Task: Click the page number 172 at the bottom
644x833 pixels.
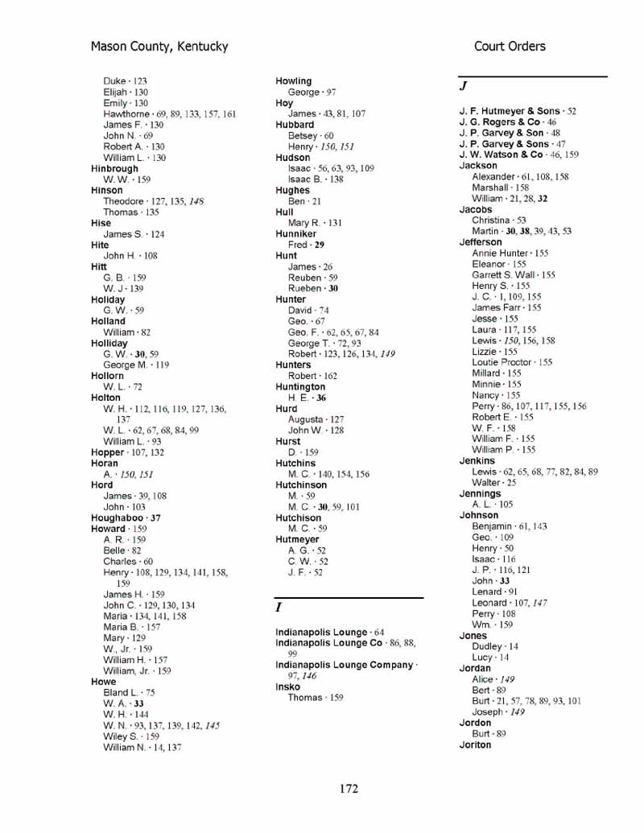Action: point(348,789)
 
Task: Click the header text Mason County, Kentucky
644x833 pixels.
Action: point(159,47)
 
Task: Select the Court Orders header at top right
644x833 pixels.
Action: point(510,47)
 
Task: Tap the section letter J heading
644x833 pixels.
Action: point(464,85)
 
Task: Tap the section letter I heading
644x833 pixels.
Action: point(279,608)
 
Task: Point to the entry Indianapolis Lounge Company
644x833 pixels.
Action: point(344,665)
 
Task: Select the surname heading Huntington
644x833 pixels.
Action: point(300,387)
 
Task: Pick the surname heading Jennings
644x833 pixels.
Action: point(480,493)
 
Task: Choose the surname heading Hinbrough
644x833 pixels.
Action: point(114,169)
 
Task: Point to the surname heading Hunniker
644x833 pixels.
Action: point(295,234)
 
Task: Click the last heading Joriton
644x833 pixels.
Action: point(475,745)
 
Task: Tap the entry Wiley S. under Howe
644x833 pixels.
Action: point(120,736)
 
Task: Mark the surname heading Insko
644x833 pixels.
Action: point(287,687)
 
